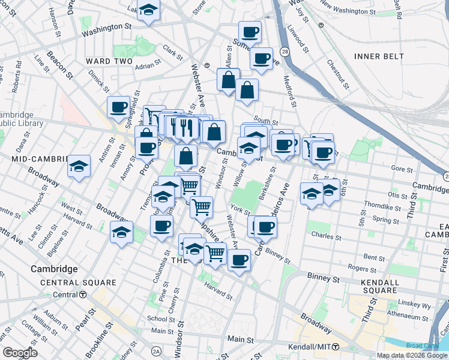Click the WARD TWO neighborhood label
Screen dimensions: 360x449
click(108, 61)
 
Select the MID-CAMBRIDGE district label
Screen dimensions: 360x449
click(37, 158)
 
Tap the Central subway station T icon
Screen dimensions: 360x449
click(83, 295)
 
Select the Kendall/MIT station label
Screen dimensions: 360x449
click(312, 347)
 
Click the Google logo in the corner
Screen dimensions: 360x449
click(19, 353)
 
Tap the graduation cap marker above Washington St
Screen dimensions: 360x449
click(148, 10)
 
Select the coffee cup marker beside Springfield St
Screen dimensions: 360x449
click(119, 107)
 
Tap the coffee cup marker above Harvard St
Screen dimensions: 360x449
click(239, 260)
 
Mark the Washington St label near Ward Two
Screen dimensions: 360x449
click(106, 28)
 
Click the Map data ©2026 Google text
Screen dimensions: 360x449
click(412, 355)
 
